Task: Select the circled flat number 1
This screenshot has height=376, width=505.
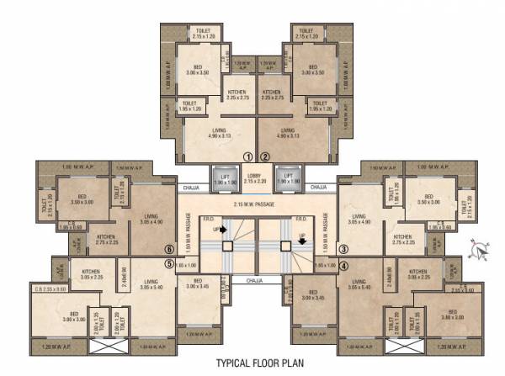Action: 247,156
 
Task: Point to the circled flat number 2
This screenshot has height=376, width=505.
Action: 264,156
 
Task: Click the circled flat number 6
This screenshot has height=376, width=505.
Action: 169,249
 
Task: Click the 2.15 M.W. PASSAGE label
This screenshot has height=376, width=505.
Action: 256,204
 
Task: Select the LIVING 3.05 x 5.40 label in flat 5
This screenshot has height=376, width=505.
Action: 151,284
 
